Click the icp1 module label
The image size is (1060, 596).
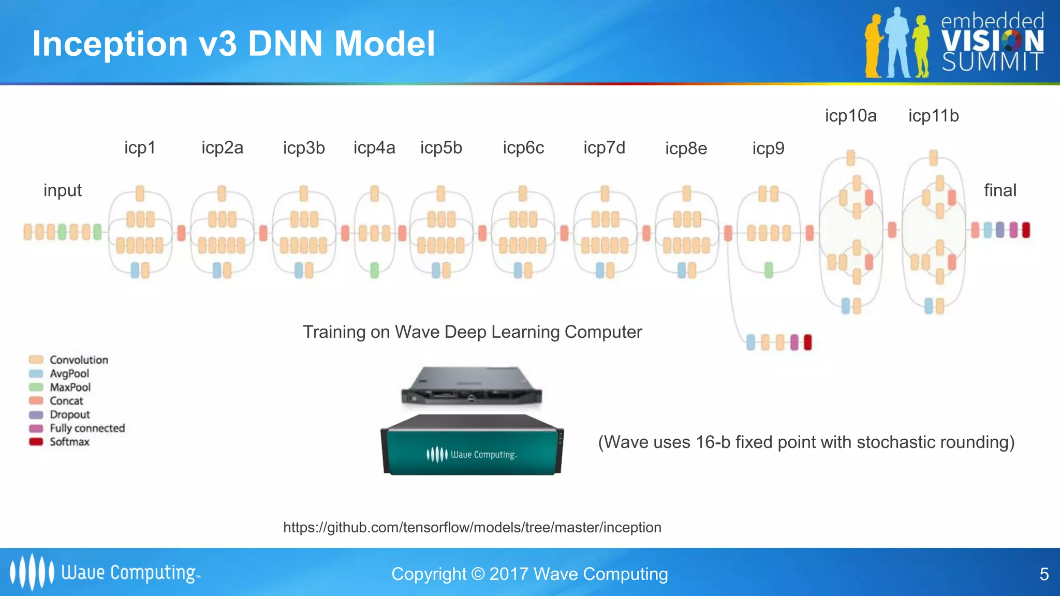coord(140,148)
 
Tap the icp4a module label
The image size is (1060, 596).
coord(374,148)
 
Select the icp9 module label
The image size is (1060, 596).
coord(768,148)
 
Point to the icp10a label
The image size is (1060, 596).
coord(850,116)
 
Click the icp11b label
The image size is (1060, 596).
coord(933,116)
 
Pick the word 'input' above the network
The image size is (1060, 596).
coord(63,190)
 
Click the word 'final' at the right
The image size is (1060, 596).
coord(999,190)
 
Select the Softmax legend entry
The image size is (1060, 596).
coord(69,442)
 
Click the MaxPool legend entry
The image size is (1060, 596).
coord(70,387)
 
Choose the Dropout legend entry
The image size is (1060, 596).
coord(69,414)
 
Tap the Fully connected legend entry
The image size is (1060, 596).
coord(87,428)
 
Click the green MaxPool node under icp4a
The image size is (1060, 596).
coord(375,270)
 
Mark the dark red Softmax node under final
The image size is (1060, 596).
coord(1026,230)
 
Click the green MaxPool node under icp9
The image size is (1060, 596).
coord(769,270)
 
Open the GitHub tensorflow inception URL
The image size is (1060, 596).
coord(472,527)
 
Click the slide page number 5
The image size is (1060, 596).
coord(1044,574)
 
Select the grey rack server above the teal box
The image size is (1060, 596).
coord(472,386)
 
